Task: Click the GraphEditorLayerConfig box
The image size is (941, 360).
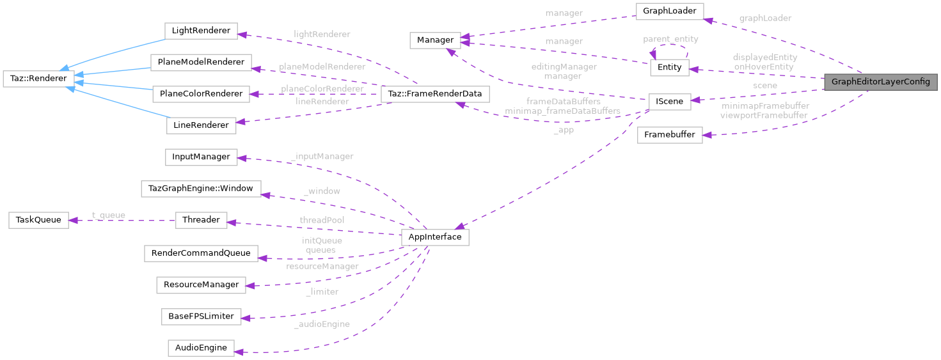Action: (880, 82)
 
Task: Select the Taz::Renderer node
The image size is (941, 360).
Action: (38, 79)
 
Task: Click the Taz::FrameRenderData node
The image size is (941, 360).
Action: (435, 94)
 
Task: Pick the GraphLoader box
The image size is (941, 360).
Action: (669, 11)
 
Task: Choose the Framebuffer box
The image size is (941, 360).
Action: (670, 135)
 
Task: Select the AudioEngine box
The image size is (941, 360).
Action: (201, 348)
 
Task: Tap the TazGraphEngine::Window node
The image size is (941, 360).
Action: (201, 189)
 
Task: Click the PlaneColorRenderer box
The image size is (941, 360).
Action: (201, 94)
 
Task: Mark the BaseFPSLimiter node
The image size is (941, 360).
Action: (201, 316)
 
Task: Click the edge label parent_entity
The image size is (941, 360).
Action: (670, 39)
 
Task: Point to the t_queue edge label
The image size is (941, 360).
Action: (109, 215)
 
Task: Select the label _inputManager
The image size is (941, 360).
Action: (322, 156)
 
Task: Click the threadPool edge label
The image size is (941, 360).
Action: (322, 220)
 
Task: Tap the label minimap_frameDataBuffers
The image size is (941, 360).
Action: (562, 111)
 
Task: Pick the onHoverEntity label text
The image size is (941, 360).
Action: (764, 67)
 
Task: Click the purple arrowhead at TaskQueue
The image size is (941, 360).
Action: (73, 220)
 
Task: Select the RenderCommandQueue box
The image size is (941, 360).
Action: (201, 253)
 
